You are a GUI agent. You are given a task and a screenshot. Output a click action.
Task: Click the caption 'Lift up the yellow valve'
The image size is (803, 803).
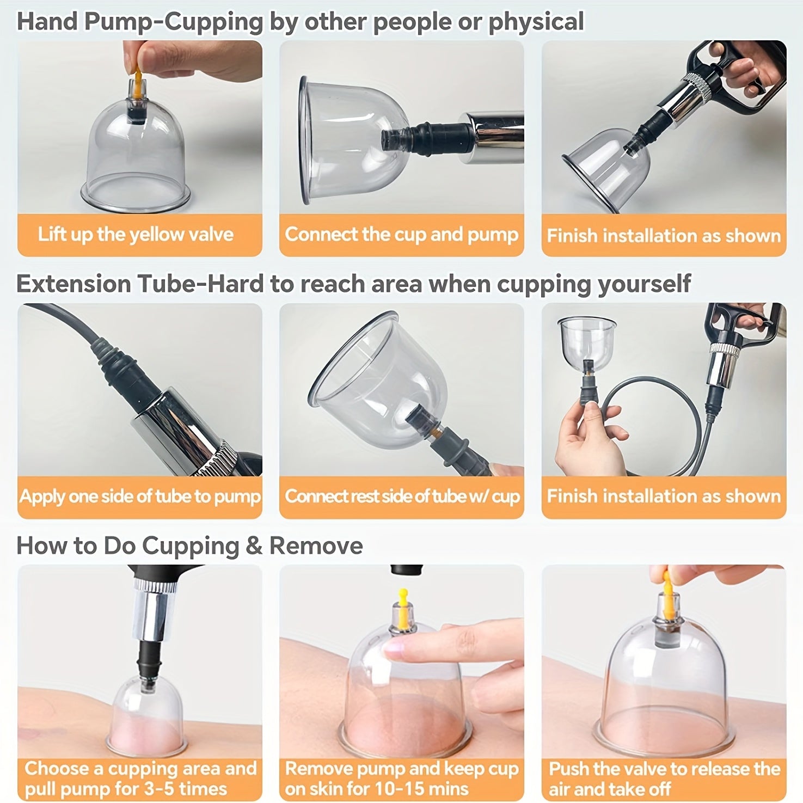click(136, 235)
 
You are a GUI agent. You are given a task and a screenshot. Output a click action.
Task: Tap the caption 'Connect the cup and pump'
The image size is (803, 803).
click(401, 235)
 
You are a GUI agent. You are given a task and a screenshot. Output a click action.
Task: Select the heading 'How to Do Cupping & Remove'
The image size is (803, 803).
click(189, 546)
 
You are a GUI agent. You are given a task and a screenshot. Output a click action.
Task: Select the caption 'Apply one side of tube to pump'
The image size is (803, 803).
click(140, 496)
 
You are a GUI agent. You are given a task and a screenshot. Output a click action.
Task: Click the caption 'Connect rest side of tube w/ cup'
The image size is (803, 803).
click(402, 496)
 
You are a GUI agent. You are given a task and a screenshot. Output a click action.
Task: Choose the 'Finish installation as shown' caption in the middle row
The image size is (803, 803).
click(664, 496)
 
